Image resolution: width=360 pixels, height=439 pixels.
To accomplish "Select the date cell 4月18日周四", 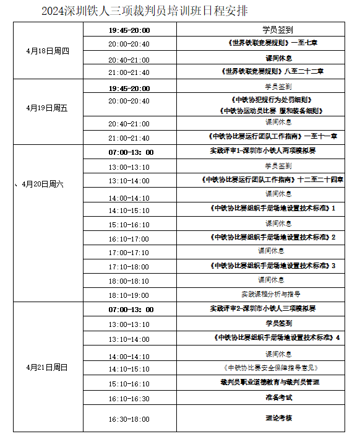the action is click(48, 51).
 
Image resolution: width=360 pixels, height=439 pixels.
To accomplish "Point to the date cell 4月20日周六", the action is click(43, 185).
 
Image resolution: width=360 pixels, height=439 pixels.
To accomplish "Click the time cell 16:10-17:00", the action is click(129, 238).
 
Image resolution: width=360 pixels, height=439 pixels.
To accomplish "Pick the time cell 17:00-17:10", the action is click(129, 253).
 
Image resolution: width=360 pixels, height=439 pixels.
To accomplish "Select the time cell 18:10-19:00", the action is click(129, 295).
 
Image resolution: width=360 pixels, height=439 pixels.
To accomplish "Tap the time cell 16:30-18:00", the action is click(129, 419).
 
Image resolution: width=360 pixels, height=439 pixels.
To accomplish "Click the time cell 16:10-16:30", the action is click(129, 399).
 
